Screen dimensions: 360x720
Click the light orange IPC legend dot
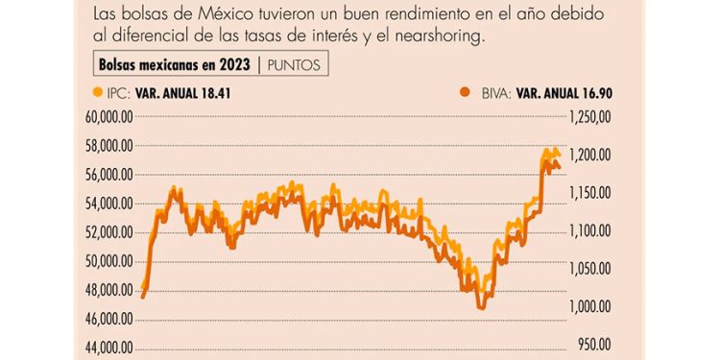pos(96,93)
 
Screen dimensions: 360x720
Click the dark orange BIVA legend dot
pos(465,93)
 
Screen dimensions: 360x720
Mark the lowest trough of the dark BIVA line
pos(481,307)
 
